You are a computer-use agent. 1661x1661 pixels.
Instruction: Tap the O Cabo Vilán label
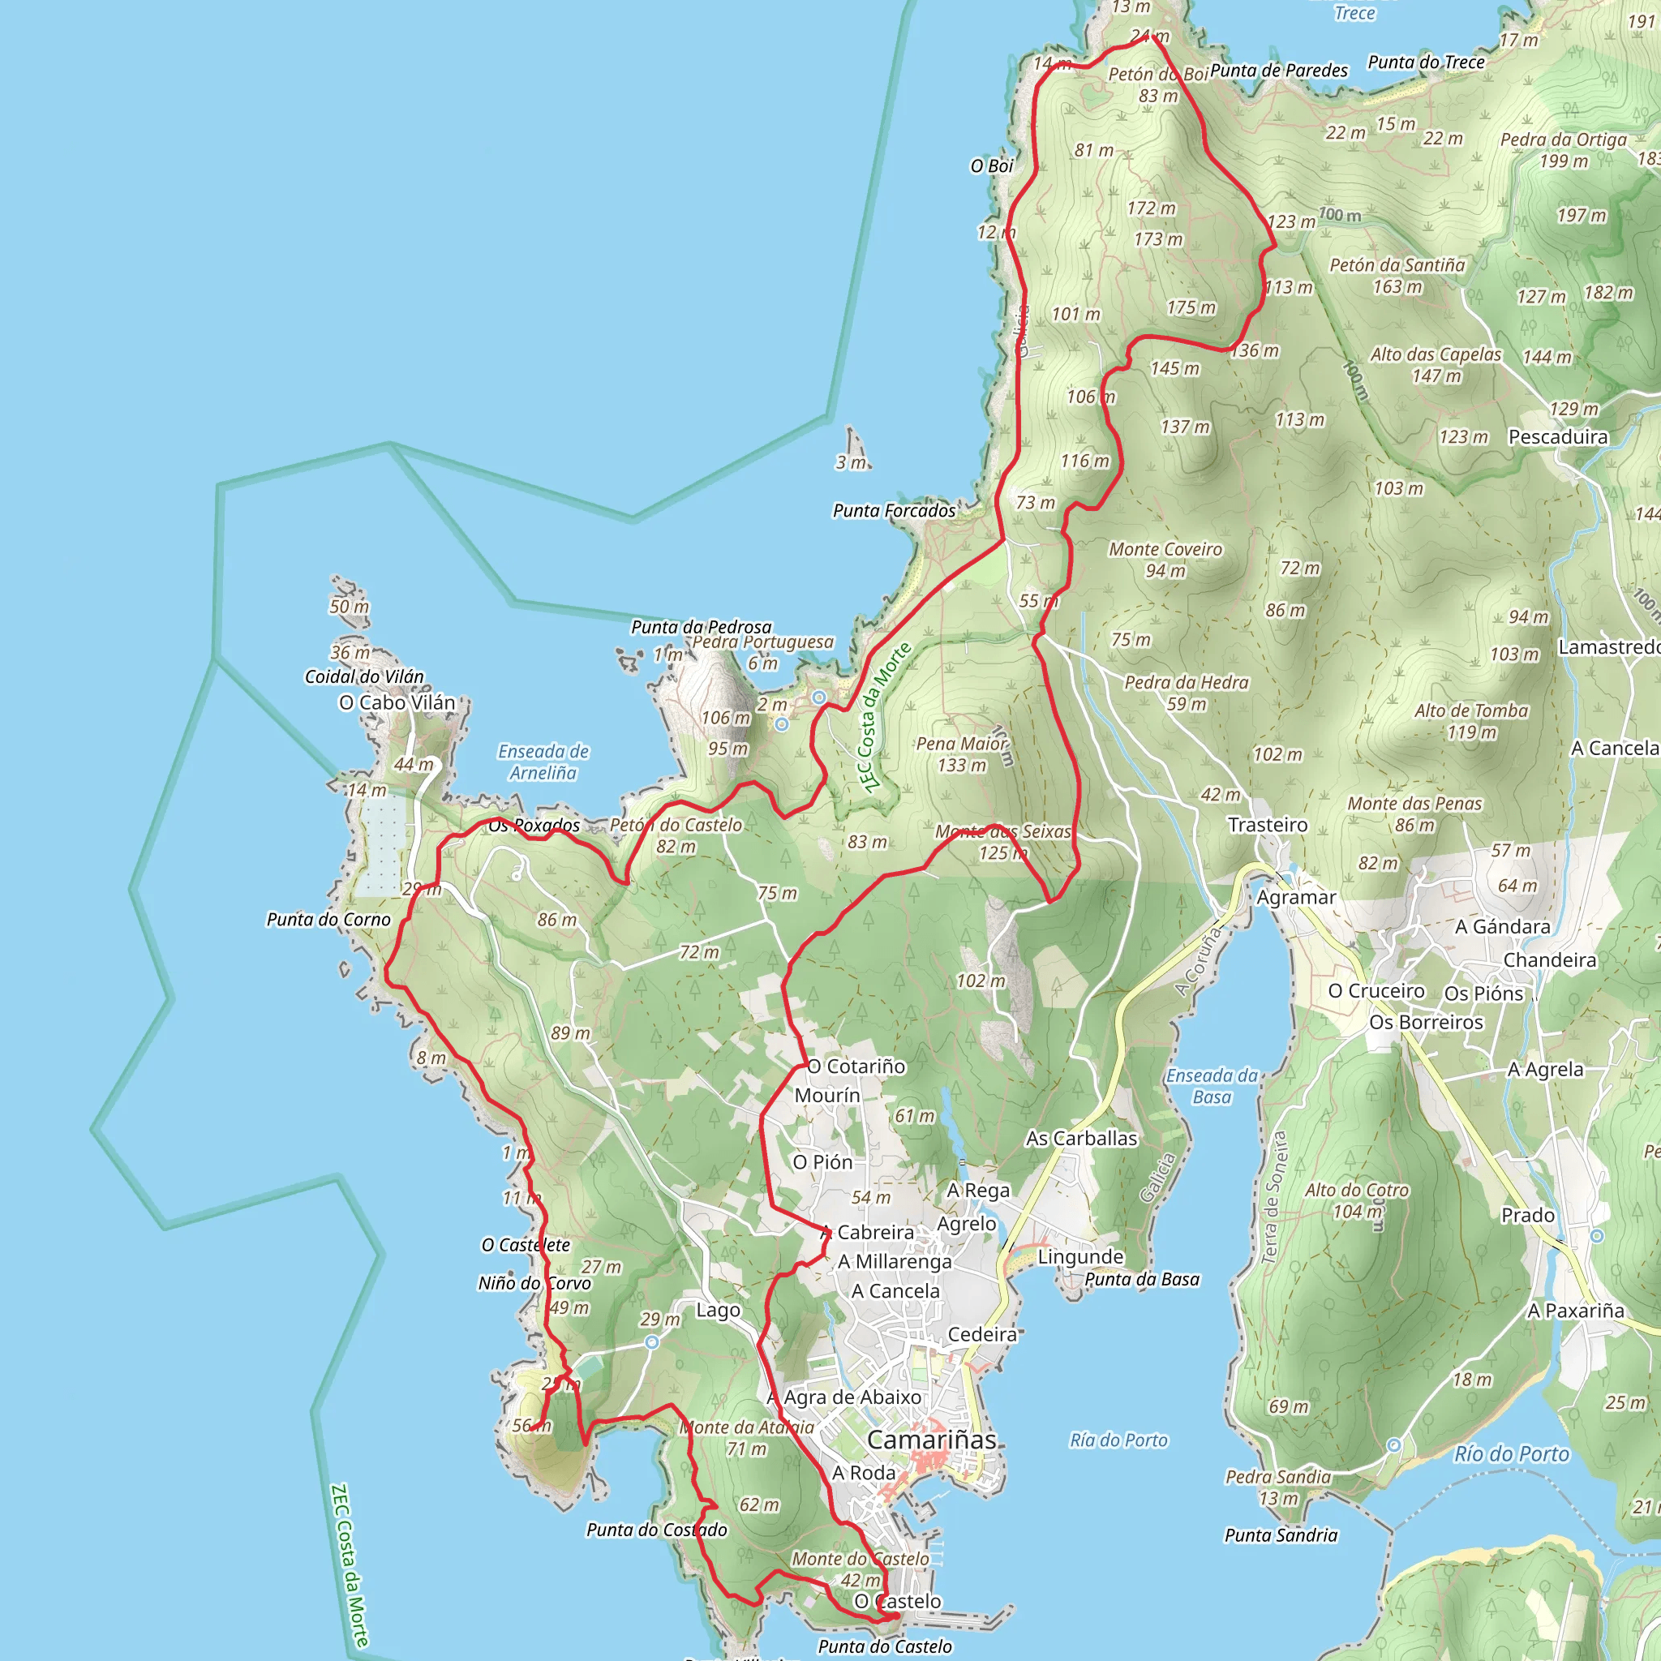397,702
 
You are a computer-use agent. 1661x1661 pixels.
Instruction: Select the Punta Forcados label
893,511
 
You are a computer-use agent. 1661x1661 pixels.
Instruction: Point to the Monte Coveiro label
1165,549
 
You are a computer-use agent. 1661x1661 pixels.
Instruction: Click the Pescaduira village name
1558,437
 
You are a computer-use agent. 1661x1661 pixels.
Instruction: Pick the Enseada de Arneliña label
543,762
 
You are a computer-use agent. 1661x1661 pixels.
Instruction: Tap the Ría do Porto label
1118,1440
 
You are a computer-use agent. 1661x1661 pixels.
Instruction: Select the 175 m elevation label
1191,307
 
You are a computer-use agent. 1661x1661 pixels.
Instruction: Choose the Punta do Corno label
328,920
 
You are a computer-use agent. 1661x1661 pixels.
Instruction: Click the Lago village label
717,1311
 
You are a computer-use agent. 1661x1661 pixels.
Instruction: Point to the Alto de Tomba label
1471,711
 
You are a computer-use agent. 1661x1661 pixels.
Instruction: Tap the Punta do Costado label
656,1530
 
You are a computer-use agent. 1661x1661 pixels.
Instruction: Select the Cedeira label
982,1334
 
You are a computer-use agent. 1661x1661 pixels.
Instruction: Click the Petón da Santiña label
1397,266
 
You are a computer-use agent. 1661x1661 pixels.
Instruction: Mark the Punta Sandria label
1280,1535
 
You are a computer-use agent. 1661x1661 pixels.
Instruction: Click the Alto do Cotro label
1357,1191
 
